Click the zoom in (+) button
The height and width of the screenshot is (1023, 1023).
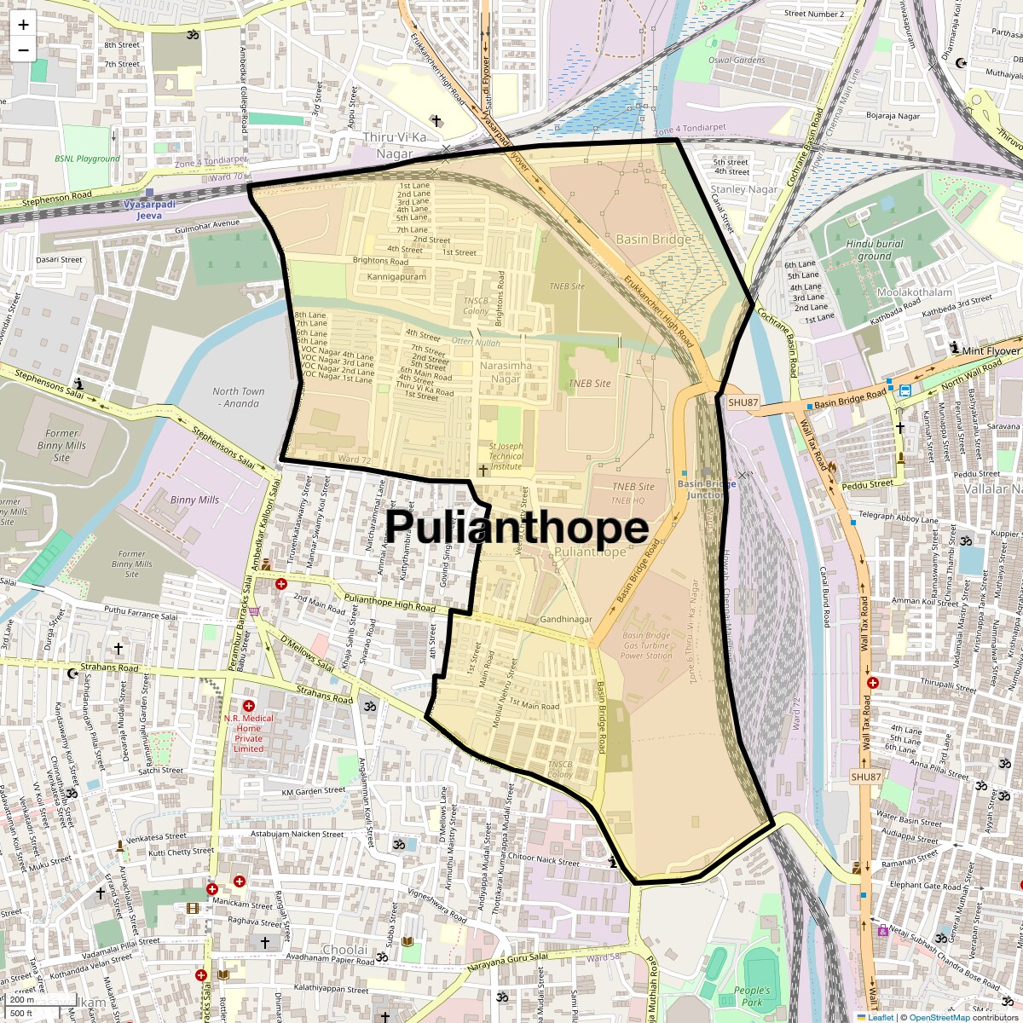click(x=23, y=25)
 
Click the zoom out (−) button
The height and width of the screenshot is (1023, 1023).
click(x=23, y=49)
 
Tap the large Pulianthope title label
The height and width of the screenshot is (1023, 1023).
click(x=517, y=527)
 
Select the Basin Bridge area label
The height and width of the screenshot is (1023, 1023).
click(x=654, y=240)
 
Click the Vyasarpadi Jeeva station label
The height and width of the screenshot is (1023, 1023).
click(x=149, y=211)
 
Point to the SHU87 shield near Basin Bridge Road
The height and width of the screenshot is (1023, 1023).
click(x=743, y=402)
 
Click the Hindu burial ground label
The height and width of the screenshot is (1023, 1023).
click(x=874, y=250)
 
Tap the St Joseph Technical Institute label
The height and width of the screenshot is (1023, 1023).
click(x=506, y=456)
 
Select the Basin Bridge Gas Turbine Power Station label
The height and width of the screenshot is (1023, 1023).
click(x=646, y=645)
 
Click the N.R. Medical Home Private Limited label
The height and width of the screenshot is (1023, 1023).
click(x=249, y=733)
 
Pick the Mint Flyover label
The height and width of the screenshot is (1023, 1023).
click(x=991, y=350)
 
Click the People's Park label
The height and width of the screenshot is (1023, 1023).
click(x=751, y=996)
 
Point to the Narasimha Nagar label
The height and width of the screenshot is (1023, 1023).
click(x=506, y=372)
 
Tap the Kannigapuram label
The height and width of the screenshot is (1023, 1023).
click(x=396, y=277)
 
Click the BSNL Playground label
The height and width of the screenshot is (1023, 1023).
click(x=88, y=159)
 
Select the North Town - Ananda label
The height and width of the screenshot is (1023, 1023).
click(x=239, y=397)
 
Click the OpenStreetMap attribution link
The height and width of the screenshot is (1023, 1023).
click(x=939, y=1017)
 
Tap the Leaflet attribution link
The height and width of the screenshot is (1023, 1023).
click(x=880, y=1017)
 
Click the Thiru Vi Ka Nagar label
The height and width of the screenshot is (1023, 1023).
click(x=395, y=145)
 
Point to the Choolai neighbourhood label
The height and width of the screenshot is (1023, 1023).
click(x=345, y=950)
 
